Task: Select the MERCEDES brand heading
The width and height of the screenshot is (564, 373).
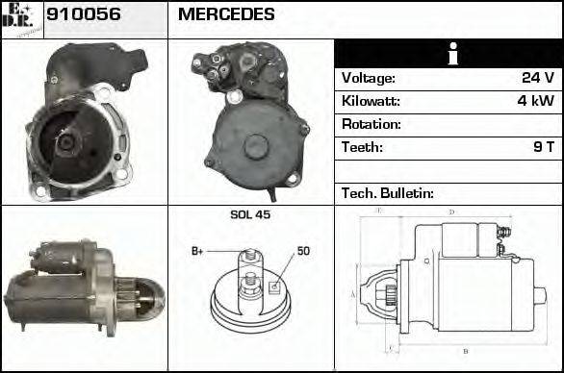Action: pyautogui.click(x=226, y=15)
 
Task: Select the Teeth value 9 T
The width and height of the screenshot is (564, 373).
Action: pyautogui.click(x=543, y=147)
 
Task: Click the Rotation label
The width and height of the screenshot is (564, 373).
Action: pyautogui.click(x=372, y=124)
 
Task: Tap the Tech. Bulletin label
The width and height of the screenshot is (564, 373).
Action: pyautogui.click(x=388, y=193)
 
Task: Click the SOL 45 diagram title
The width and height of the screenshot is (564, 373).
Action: pyautogui.click(x=250, y=214)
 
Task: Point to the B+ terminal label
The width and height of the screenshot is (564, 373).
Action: pyautogui.click(x=197, y=251)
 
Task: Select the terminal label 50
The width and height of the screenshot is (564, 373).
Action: pyautogui.click(x=303, y=251)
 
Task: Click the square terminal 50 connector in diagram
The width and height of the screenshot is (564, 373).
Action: pyautogui.click(x=273, y=285)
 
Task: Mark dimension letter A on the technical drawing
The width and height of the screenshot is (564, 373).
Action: pyautogui.click(x=353, y=293)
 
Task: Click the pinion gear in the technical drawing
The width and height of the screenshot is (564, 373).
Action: pyautogui.click(x=389, y=293)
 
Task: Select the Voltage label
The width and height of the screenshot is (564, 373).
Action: pyautogui.click(x=368, y=78)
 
